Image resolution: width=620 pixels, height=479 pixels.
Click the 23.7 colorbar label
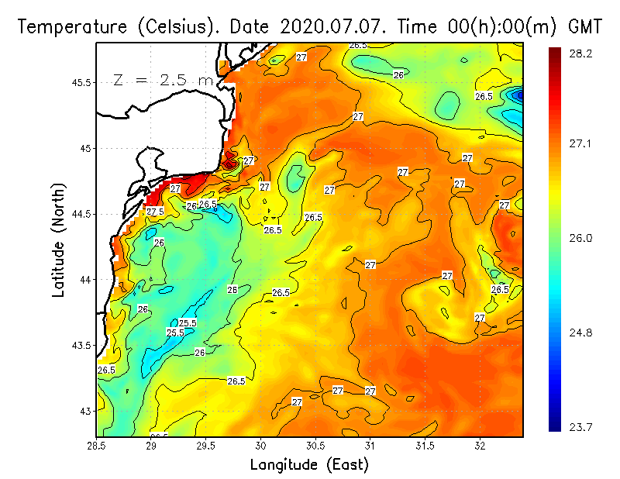click(x=581, y=427)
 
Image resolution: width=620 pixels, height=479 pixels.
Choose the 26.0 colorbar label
click(x=581, y=238)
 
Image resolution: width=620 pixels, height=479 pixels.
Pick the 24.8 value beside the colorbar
click(x=581, y=333)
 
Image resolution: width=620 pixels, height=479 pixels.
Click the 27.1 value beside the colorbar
click(x=581, y=143)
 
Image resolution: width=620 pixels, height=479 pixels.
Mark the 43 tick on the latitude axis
click(x=85, y=411)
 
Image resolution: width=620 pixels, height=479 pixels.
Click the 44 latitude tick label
click(x=85, y=279)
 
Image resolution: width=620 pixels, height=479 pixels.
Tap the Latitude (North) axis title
click(x=59, y=240)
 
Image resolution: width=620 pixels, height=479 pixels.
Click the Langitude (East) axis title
click(x=309, y=465)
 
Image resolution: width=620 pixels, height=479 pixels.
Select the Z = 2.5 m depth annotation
click(x=163, y=80)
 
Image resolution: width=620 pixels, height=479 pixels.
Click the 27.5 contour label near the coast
click(x=155, y=211)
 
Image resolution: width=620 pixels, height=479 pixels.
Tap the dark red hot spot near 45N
click(x=229, y=164)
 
